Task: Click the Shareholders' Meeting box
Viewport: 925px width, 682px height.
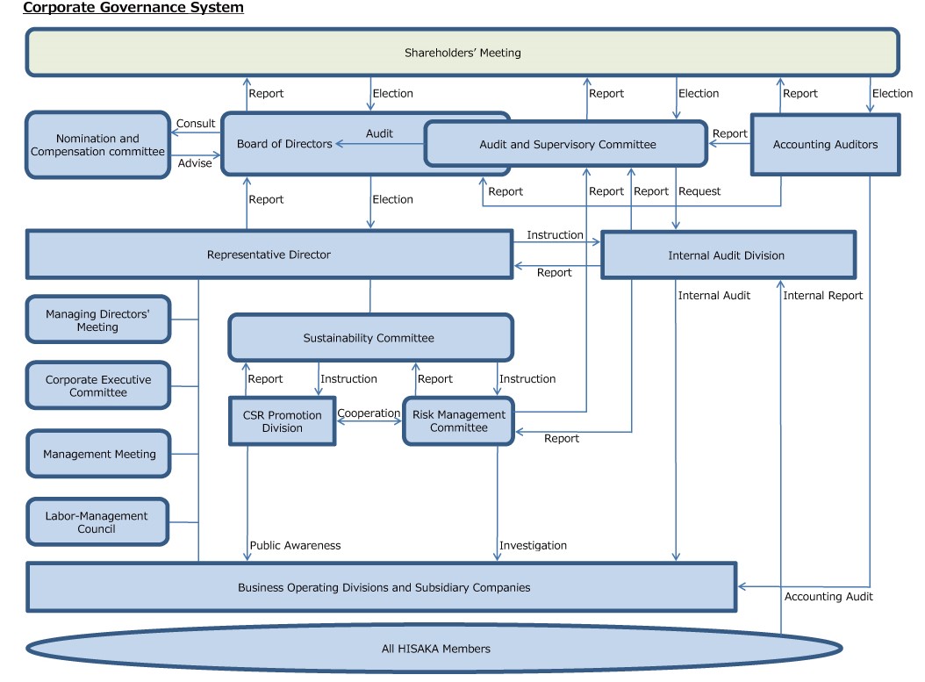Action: click(462, 53)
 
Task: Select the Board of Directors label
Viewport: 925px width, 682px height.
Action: click(284, 144)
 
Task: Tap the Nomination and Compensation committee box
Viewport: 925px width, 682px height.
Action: click(97, 145)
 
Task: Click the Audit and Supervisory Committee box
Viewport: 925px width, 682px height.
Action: click(567, 144)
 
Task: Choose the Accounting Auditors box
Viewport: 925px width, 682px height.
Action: click(825, 145)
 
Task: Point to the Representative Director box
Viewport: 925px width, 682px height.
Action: click(269, 255)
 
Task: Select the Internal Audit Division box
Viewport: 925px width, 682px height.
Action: click(727, 255)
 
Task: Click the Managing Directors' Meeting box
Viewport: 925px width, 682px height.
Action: click(97, 319)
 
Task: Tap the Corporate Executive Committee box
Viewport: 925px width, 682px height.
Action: click(97, 385)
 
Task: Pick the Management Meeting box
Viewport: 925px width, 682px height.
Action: click(97, 454)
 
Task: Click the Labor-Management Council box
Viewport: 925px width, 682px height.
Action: click(97, 522)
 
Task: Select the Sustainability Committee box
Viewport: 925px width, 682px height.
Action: click(369, 338)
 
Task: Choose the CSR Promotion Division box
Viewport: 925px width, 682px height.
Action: click(282, 421)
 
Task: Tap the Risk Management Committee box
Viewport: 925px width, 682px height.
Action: click(458, 421)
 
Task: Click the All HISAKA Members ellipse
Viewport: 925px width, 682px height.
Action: click(436, 649)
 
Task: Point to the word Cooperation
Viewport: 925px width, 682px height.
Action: click(369, 413)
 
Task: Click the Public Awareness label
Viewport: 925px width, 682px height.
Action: click(295, 545)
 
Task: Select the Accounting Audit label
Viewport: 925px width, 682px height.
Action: click(828, 597)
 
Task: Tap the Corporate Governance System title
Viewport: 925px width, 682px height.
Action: click(133, 8)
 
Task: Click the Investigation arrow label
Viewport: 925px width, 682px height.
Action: click(533, 545)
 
